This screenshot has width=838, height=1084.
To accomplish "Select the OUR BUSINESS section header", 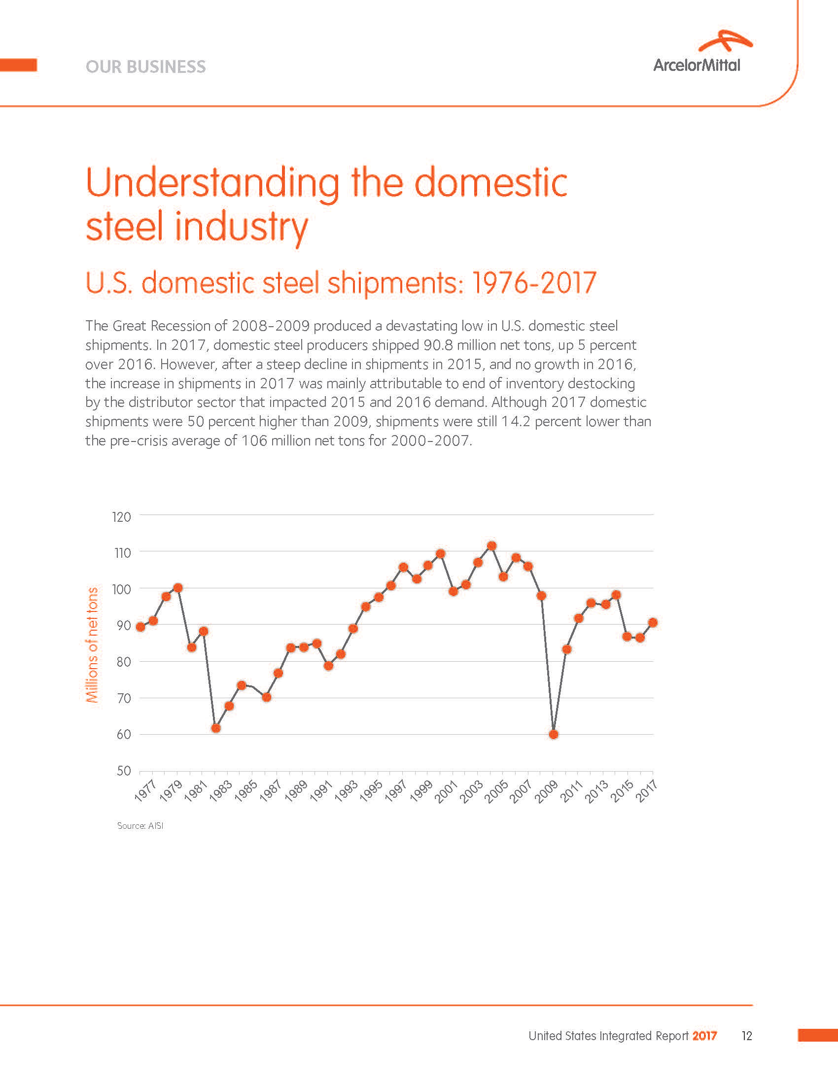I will coord(145,67).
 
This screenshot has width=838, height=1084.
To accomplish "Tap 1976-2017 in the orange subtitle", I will coord(534,283).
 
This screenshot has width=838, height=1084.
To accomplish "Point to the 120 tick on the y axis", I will coord(122,517).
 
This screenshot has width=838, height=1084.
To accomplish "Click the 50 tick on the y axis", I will coord(124,771).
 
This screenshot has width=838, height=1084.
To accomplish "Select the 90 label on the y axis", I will coord(124,625).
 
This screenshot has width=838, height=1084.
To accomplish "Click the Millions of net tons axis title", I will coord(92,645).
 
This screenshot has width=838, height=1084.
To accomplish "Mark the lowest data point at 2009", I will coord(554,735).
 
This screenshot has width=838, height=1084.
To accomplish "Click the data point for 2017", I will coord(653,622).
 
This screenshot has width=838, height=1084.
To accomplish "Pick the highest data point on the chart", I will coord(491,546).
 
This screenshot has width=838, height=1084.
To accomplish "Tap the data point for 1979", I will coord(178,588).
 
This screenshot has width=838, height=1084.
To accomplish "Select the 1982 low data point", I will coord(216,728).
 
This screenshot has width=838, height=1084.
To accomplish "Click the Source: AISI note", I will coord(140,825).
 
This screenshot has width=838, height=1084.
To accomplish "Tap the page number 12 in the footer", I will coord(747,1036).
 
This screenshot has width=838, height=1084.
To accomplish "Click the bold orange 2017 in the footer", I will coord(705,1036).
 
